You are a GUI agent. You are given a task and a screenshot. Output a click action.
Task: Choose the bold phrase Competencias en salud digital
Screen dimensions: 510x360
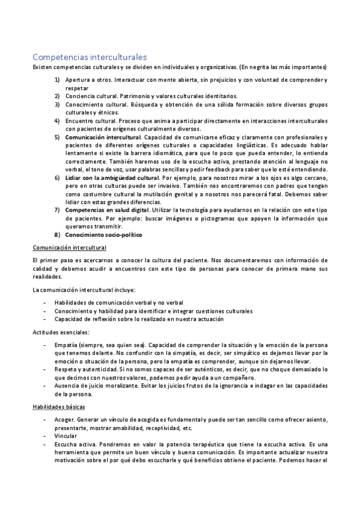point(107,210)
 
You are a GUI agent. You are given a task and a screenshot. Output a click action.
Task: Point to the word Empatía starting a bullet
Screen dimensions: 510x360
point(66,345)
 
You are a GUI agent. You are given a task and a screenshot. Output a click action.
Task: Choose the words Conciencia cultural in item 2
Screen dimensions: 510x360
point(88,96)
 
